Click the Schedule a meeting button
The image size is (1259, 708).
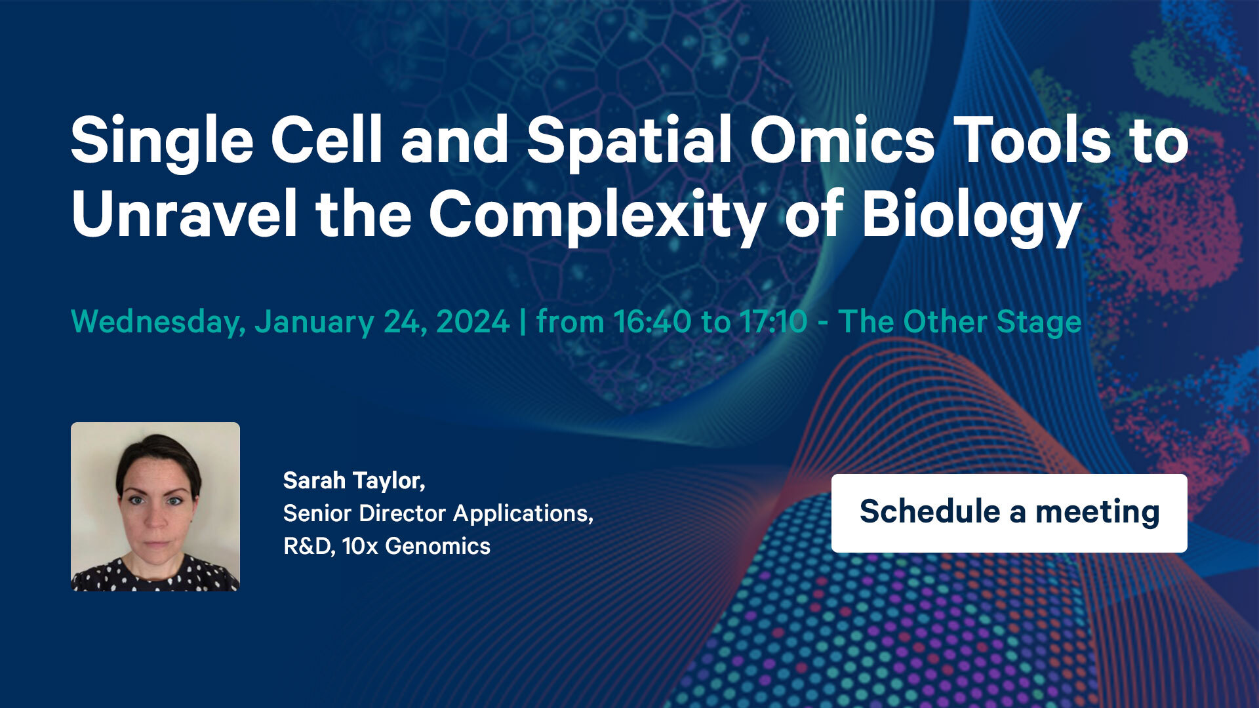[x=1009, y=513]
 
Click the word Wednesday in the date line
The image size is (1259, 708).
[x=158, y=323]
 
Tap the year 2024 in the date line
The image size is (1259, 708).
[x=473, y=321]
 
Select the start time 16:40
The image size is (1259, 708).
[x=652, y=321]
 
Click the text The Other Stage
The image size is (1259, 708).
[x=960, y=323]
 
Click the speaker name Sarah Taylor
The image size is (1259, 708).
[x=354, y=481]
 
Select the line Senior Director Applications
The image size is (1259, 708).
[x=438, y=514]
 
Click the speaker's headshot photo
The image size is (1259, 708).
[x=155, y=507]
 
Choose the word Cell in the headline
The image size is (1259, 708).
[x=327, y=140]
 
